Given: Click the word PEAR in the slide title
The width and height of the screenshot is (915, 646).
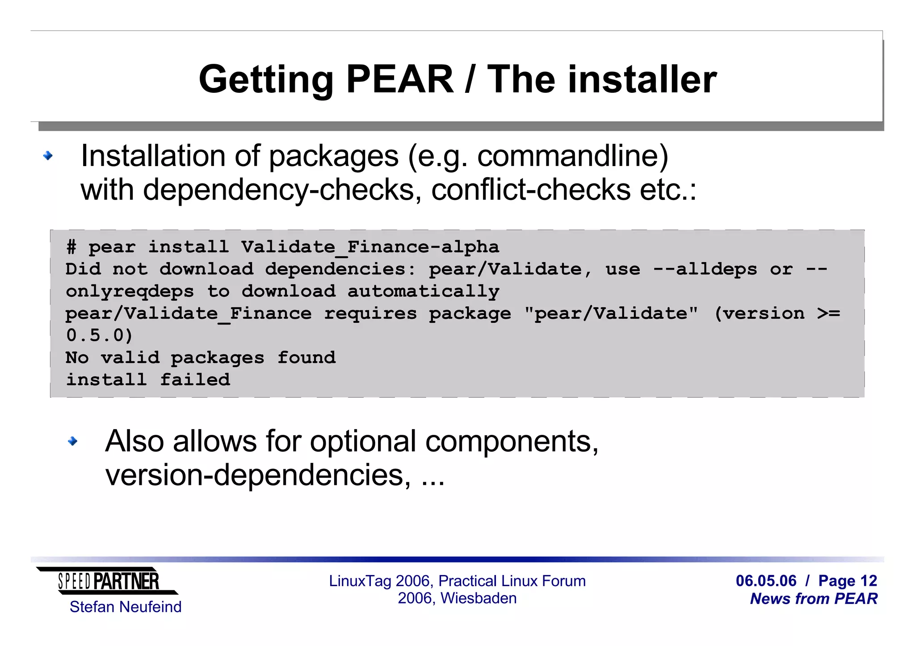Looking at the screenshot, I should click(x=399, y=79).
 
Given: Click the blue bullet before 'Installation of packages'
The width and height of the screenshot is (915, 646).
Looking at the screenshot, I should click(x=48, y=156).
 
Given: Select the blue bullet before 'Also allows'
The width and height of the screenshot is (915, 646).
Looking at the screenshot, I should click(x=72, y=442).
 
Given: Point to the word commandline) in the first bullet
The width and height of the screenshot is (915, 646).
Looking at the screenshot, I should click(x=572, y=156).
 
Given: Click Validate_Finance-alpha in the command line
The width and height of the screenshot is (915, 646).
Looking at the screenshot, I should click(x=370, y=247).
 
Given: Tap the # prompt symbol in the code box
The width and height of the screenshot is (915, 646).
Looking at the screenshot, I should click(x=71, y=247).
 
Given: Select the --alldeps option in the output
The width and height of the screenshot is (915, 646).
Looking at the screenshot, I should click(x=705, y=269).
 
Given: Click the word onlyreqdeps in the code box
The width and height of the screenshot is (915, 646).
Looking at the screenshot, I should click(x=130, y=292).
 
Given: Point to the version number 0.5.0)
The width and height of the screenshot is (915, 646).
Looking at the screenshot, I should click(x=99, y=336).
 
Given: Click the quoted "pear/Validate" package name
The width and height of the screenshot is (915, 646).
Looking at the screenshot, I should click(x=611, y=313).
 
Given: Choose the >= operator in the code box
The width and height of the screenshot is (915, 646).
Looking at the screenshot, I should click(x=828, y=313).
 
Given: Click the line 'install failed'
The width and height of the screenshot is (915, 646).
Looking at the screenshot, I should click(x=148, y=380).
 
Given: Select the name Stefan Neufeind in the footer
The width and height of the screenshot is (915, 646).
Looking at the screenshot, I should click(x=126, y=607).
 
